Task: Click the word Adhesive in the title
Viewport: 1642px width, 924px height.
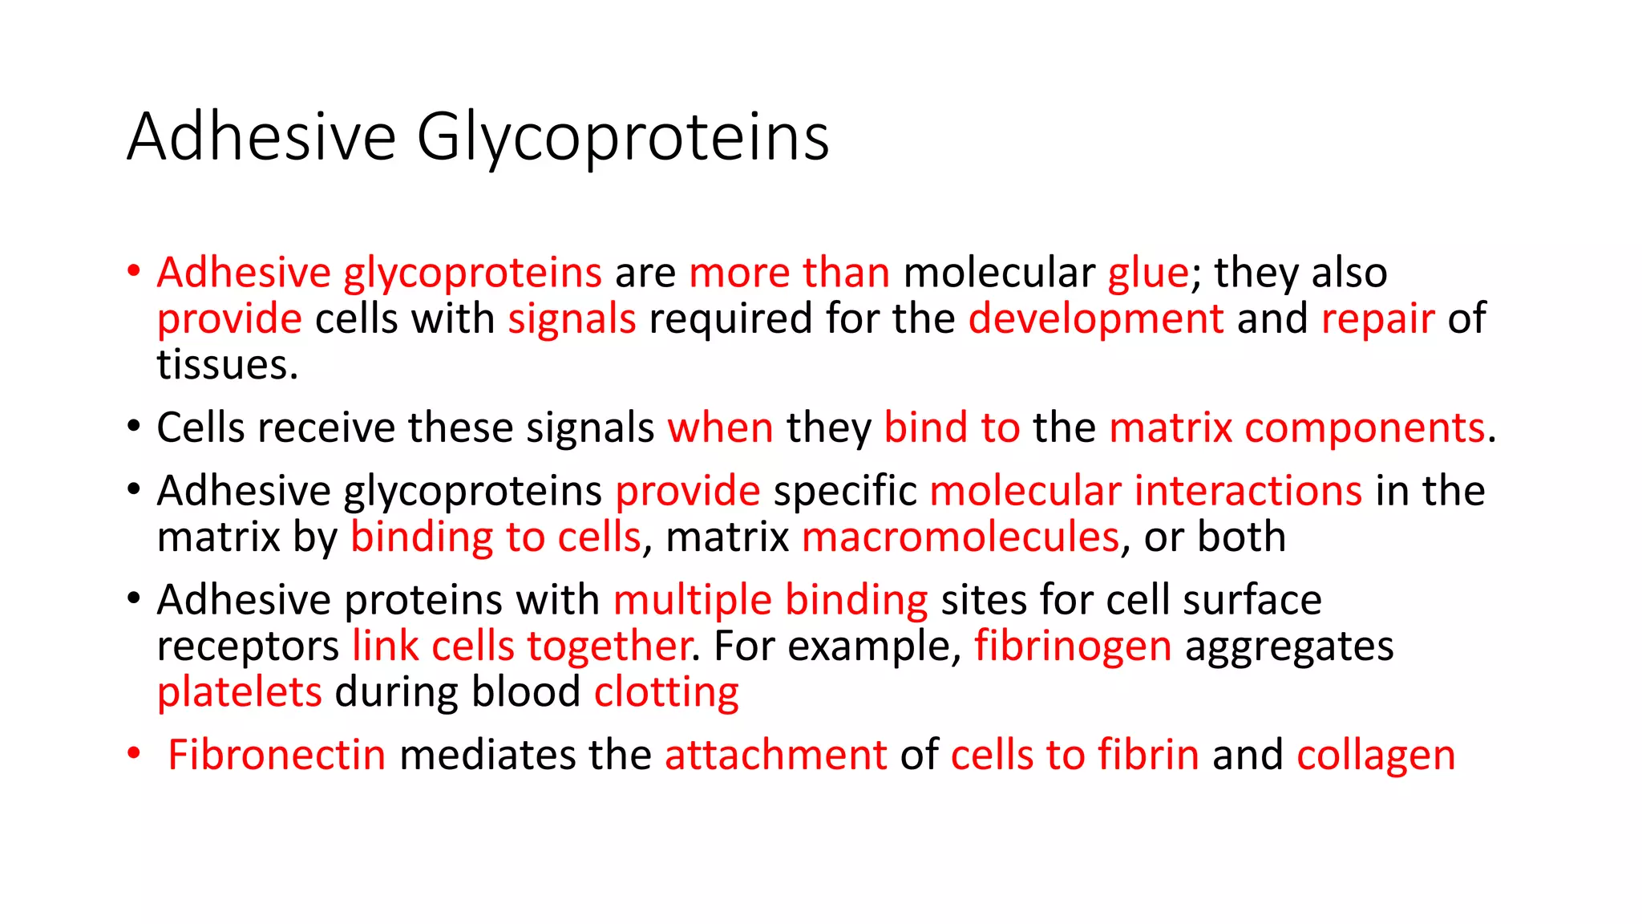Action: pyautogui.click(x=261, y=136)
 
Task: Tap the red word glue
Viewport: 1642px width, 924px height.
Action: pyautogui.click(x=1148, y=273)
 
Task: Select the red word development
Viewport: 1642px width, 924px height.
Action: pyautogui.click(x=1095, y=319)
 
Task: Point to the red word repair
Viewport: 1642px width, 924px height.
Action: pyautogui.click(x=1377, y=319)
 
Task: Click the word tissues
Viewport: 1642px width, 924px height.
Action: pyautogui.click(x=227, y=366)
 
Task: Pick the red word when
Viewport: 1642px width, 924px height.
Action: pyautogui.click(x=720, y=428)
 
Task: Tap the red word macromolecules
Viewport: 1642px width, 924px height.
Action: pyautogui.click(x=960, y=537)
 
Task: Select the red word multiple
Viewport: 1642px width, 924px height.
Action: pyautogui.click(x=692, y=601)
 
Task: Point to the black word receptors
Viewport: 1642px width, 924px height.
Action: pyautogui.click(x=248, y=647)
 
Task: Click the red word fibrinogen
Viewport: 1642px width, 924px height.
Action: pyautogui.click(x=1073, y=646)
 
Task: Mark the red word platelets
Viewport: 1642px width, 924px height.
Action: pyautogui.click(x=239, y=692)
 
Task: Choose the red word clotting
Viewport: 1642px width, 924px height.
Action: pyautogui.click(x=666, y=693)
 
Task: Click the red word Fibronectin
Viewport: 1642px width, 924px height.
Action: pyautogui.click(x=277, y=756)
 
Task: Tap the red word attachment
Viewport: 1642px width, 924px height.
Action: pyautogui.click(x=775, y=756)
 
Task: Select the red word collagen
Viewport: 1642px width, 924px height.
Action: pyautogui.click(x=1376, y=756)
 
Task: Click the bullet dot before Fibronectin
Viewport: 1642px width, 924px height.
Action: pyautogui.click(x=134, y=754)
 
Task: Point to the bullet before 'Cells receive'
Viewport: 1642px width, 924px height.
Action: pyautogui.click(x=134, y=426)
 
